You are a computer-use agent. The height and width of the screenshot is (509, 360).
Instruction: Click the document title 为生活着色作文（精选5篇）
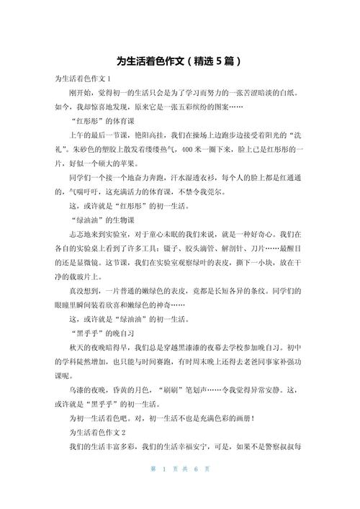[179, 62]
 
